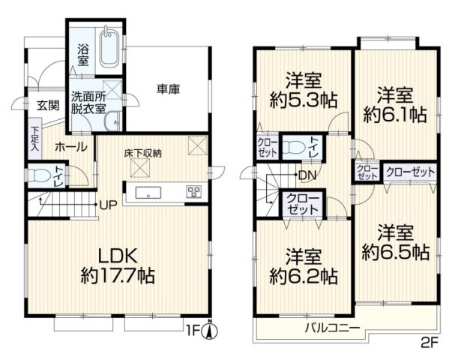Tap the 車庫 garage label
coord(169,89)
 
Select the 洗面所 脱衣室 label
coord(88,102)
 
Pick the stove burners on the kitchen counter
coord(193,191)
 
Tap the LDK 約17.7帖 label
coord(117,264)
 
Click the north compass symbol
coord(212,328)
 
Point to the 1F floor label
coord(198,328)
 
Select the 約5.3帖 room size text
coord(302,98)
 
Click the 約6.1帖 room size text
coord(396,114)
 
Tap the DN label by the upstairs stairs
coord(306,176)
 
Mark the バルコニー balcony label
coord(331,328)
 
